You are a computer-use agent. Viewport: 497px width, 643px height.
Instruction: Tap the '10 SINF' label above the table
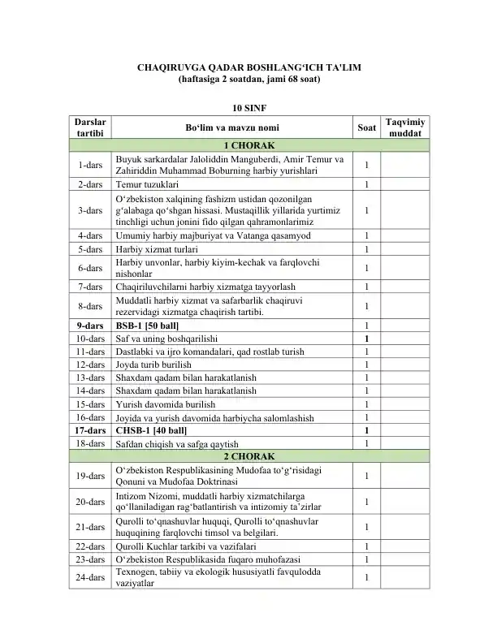pos(248,107)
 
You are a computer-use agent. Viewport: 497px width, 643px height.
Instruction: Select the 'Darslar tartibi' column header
pos(90,127)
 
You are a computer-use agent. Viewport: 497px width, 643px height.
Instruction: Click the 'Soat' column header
pos(366,127)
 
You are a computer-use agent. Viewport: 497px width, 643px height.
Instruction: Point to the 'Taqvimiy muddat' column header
pos(404,127)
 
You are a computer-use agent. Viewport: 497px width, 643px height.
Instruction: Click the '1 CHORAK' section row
pos(248,145)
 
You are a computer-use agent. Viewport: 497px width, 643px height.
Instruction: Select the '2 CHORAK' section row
pos(248,456)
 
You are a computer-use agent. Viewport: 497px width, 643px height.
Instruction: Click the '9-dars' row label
pos(90,326)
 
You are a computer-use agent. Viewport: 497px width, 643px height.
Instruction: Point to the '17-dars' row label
pos(90,430)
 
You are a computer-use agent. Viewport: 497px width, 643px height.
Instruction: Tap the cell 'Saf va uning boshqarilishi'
pos(166,339)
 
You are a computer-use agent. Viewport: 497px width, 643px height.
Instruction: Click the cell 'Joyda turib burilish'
pos(156,365)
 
